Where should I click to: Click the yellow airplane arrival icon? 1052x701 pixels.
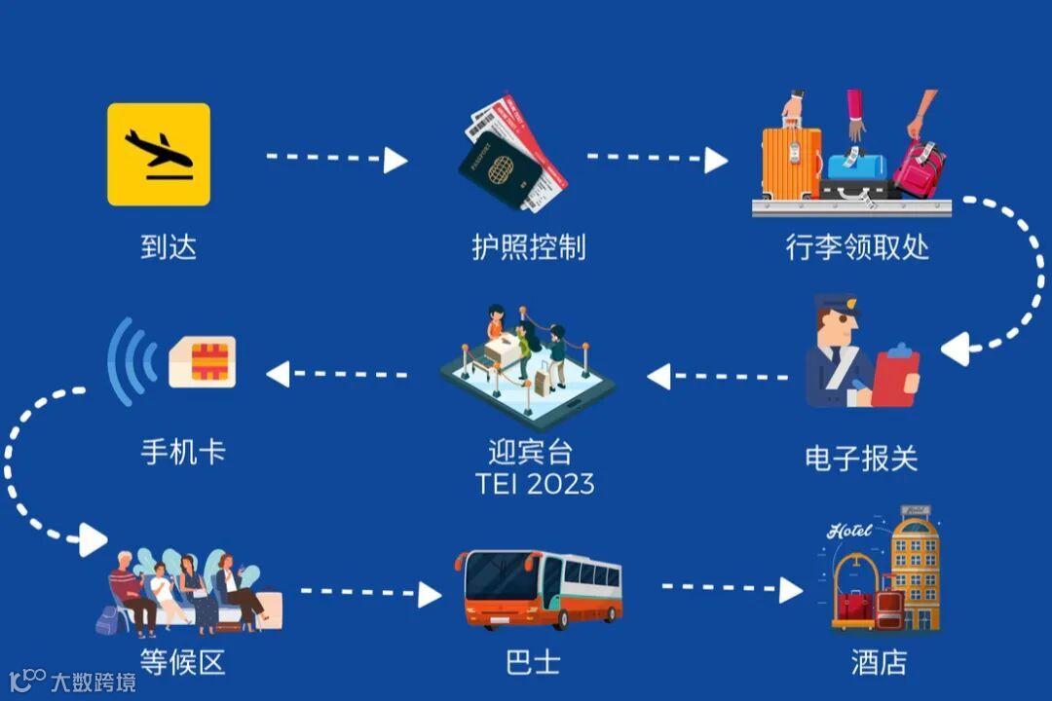[159, 154]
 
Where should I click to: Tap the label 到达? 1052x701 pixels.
[169, 246]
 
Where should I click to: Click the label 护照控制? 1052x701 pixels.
[529, 246]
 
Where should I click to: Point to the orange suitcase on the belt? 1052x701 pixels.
[791, 160]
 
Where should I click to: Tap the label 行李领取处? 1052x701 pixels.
[857, 246]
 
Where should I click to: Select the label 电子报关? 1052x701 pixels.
[861, 458]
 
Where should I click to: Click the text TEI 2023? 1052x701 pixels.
[535, 483]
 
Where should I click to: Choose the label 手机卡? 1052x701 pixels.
[183, 452]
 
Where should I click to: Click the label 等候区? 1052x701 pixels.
[182, 663]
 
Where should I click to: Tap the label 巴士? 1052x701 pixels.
[533, 663]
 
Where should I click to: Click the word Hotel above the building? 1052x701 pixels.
[849, 531]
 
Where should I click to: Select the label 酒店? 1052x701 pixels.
[878, 663]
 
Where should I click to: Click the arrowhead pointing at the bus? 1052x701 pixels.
[430, 593]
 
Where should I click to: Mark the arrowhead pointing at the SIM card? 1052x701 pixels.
[279, 373]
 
